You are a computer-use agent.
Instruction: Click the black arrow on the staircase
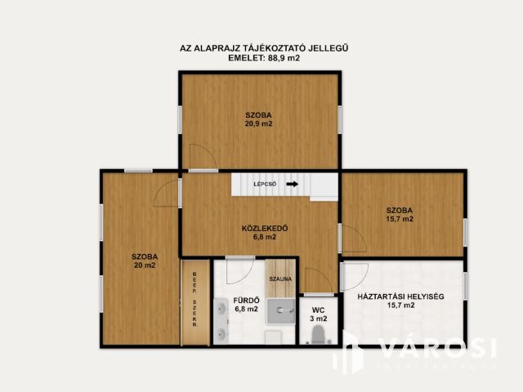292,185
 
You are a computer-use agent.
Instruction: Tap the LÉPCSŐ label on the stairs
265,185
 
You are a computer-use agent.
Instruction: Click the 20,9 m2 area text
258,124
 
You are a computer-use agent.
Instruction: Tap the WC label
319,309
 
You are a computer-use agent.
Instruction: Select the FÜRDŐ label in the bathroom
246,300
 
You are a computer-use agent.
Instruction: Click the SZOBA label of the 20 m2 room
144,256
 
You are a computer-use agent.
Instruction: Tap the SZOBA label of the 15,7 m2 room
400,209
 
